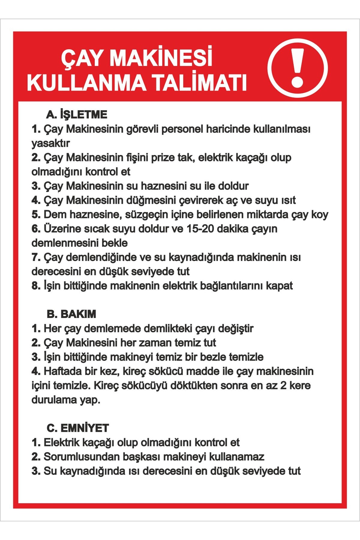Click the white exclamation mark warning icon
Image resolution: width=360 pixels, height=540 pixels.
(x=297, y=68)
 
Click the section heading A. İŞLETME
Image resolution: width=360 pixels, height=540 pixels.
(x=77, y=114)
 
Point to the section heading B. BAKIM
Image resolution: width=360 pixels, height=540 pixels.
(x=71, y=314)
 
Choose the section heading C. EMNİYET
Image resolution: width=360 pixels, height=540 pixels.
(x=78, y=428)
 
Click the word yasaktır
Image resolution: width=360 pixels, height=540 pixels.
(x=50, y=143)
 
